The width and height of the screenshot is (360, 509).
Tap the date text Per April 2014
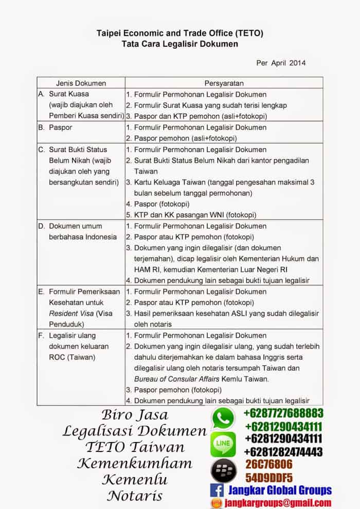[x=281, y=63]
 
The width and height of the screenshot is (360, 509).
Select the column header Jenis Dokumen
[x=81, y=83]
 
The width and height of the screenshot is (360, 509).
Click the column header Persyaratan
[x=224, y=83]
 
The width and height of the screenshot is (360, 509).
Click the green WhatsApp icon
[x=224, y=419]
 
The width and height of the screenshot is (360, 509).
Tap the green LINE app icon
[x=224, y=444]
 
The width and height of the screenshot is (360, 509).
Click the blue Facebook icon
[x=216, y=490]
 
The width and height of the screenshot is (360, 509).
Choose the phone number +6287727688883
[x=283, y=413]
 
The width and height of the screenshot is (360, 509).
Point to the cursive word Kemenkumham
[x=135, y=463]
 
